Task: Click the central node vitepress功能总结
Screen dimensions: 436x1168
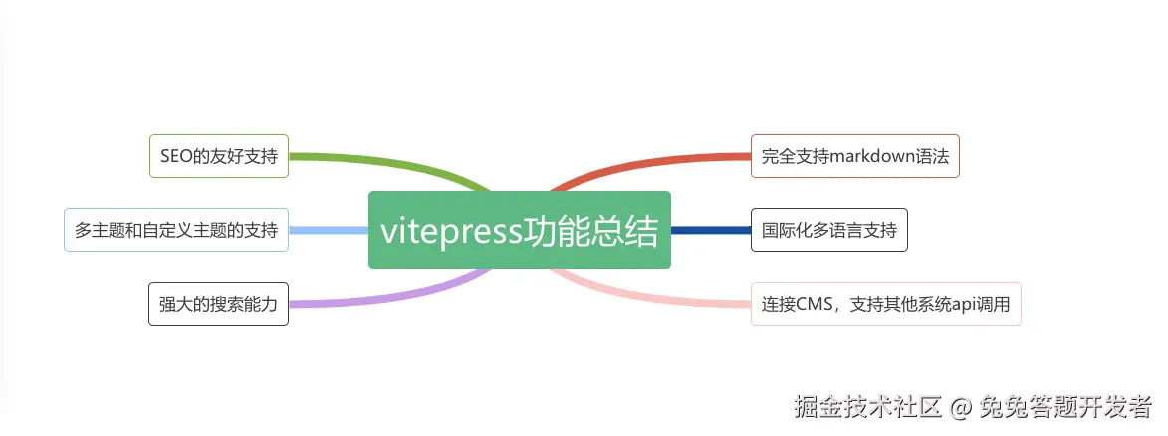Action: coord(519,230)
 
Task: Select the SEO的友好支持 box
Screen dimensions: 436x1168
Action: coord(219,156)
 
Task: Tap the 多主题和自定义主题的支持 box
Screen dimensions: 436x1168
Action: coord(176,230)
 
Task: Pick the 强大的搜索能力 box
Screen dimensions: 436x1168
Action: coord(219,303)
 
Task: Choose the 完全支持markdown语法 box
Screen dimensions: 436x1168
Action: coord(854,156)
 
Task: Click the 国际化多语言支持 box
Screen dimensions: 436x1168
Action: coord(828,230)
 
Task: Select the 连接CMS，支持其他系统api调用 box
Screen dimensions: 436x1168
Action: coord(885,303)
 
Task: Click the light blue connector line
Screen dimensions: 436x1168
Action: coord(329,230)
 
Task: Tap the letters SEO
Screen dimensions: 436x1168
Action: coord(175,156)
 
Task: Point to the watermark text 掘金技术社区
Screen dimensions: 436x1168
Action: coord(867,406)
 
